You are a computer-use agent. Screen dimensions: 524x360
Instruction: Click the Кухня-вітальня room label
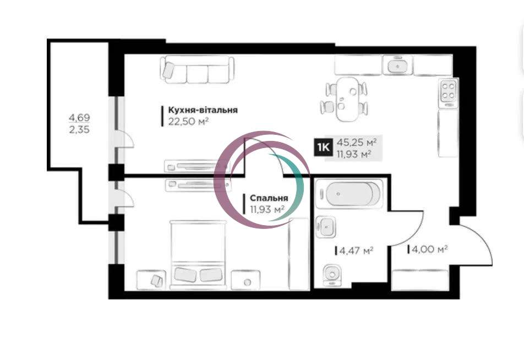click(x=203, y=110)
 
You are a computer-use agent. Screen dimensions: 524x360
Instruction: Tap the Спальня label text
click(x=269, y=198)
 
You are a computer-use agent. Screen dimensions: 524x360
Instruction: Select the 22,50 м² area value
click(x=188, y=121)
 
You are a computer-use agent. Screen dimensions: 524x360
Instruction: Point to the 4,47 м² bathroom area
click(x=356, y=250)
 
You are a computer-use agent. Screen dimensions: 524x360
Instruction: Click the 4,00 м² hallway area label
click(x=430, y=249)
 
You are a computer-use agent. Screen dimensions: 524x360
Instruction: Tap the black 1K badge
click(x=323, y=147)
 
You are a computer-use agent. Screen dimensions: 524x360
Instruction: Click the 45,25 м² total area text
click(x=357, y=143)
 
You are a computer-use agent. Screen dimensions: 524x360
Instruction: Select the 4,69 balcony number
click(x=79, y=118)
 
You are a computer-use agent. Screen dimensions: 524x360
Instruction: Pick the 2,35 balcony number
click(x=79, y=129)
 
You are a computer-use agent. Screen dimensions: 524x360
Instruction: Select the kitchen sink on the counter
click(x=397, y=66)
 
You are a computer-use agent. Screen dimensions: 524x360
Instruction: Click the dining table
click(x=347, y=99)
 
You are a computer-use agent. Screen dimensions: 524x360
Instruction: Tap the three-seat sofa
click(x=197, y=69)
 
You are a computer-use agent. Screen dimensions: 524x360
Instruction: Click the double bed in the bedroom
click(x=198, y=254)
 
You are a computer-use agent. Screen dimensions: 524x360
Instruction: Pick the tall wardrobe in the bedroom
click(x=299, y=254)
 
